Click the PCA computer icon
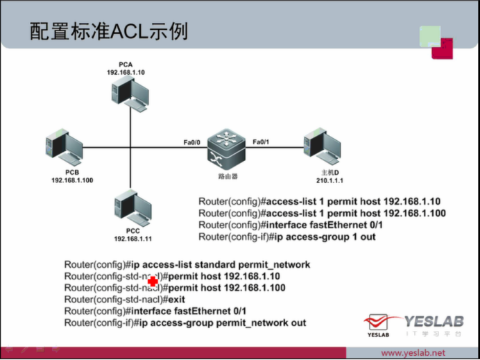132,93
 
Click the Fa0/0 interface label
191,142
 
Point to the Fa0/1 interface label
261,142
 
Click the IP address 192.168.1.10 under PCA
126,72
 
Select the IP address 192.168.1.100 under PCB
72,180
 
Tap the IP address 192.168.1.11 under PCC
133,239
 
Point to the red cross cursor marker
154,282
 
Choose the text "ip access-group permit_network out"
220,323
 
